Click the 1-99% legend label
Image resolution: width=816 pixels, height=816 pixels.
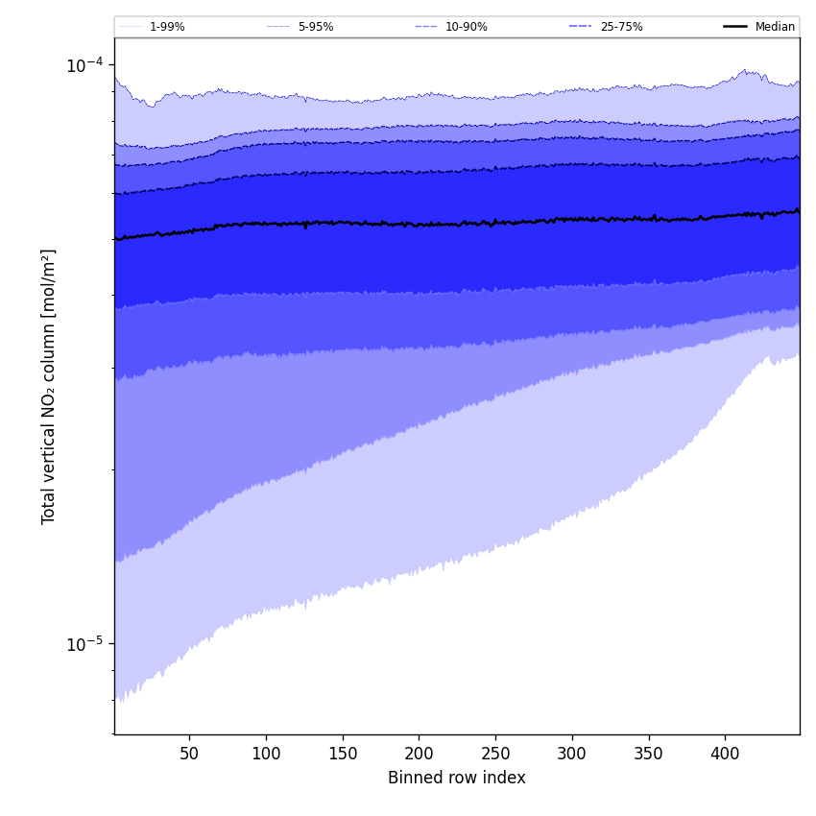tap(167, 27)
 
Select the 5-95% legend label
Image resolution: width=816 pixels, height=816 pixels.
tap(315, 27)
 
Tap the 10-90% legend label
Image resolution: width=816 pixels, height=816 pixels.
tap(466, 27)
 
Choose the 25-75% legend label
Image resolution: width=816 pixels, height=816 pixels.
tap(621, 27)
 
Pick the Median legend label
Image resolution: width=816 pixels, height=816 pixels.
tap(775, 27)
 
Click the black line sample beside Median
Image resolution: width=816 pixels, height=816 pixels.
tap(735, 27)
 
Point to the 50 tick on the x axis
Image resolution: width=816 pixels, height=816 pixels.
tap(189, 754)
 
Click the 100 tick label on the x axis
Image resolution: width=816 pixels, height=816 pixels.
tap(266, 754)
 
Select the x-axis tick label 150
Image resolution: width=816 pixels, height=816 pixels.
tap(343, 754)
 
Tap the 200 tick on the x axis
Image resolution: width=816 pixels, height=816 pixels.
tap(419, 754)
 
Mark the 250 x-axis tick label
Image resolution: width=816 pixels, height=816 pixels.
tap(495, 754)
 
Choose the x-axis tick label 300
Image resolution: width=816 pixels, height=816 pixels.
tap(572, 754)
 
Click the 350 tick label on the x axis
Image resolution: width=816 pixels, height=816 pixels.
tap(649, 754)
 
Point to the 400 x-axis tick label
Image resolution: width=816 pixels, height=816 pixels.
tap(725, 754)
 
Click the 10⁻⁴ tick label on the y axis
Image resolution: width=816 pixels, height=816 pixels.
tap(84, 64)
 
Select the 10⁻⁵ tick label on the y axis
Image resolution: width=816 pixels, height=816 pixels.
tap(84, 642)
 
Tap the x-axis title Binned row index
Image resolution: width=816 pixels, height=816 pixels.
tap(457, 778)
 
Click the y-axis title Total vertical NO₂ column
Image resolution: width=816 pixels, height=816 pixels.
tap(49, 386)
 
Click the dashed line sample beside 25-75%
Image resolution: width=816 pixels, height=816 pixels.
tap(581, 27)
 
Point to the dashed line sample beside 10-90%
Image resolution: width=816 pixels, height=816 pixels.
tap(426, 27)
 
